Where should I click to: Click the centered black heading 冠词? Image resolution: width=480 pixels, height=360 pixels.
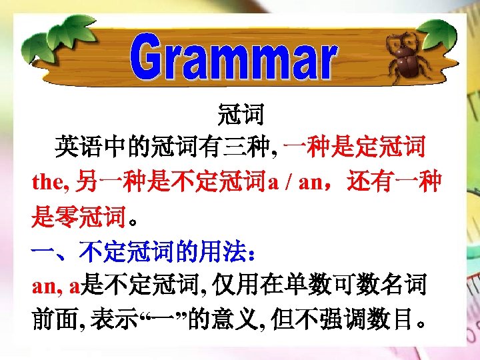point(241,115)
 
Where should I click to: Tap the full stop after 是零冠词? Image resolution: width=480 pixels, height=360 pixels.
point(133,220)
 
